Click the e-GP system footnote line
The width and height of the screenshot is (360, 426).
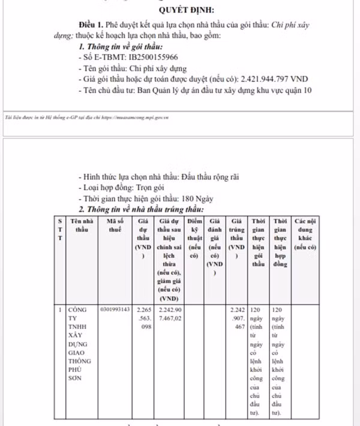[87, 118]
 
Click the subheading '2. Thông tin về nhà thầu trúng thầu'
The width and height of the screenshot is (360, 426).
[142, 209]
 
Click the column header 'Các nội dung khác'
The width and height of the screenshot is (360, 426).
[304, 234]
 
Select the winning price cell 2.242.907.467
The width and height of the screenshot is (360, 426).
[237, 319]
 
